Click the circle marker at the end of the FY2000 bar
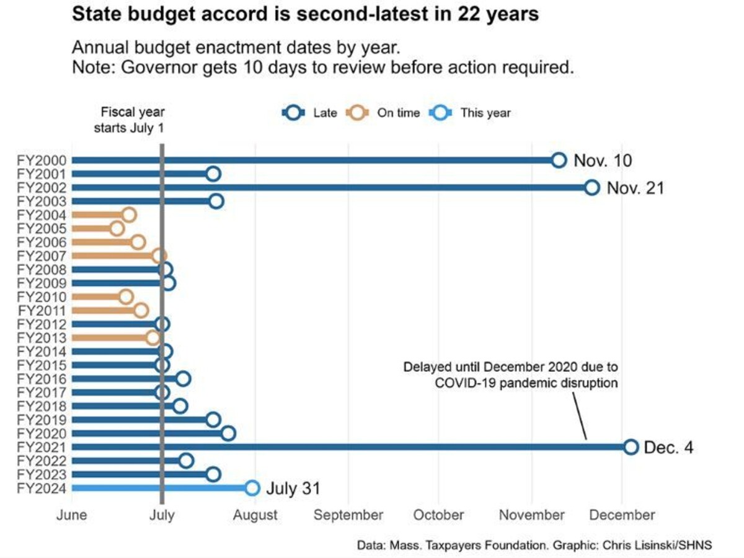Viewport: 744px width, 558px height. click(559, 161)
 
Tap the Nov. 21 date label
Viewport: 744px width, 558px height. click(635, 188)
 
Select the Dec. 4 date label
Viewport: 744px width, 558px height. click(668, 447)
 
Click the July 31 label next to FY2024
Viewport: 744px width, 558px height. click(293, 489)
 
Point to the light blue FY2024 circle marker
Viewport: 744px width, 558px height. click(252, 488)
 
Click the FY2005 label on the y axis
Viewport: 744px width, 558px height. click(43, 229)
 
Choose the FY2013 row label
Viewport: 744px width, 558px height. click(43, 338)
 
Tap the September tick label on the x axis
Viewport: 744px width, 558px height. click(349, 515)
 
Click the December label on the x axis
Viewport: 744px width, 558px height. click(622, 515)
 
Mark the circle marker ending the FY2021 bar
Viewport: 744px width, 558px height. click(631, 447)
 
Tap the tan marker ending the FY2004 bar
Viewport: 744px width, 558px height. click(129, 215)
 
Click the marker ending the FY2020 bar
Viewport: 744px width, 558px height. click(228, 433)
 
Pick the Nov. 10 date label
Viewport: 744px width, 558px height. click(603, 161)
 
